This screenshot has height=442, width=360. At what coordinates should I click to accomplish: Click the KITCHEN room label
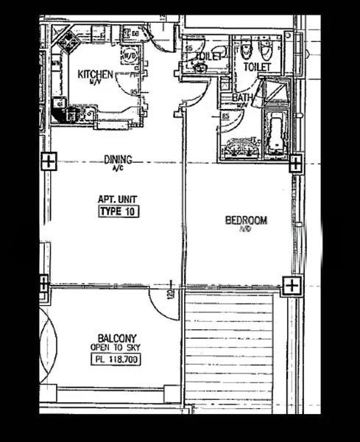pos(96,74)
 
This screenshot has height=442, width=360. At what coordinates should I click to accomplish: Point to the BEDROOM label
pos(245,220)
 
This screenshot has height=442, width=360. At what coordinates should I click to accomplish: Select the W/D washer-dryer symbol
pos(130,55)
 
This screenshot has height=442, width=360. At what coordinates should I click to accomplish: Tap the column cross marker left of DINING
pos(47,161)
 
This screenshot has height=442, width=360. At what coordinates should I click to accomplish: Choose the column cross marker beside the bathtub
pos(294,163)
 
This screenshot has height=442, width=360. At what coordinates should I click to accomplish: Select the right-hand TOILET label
pos(258,67)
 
